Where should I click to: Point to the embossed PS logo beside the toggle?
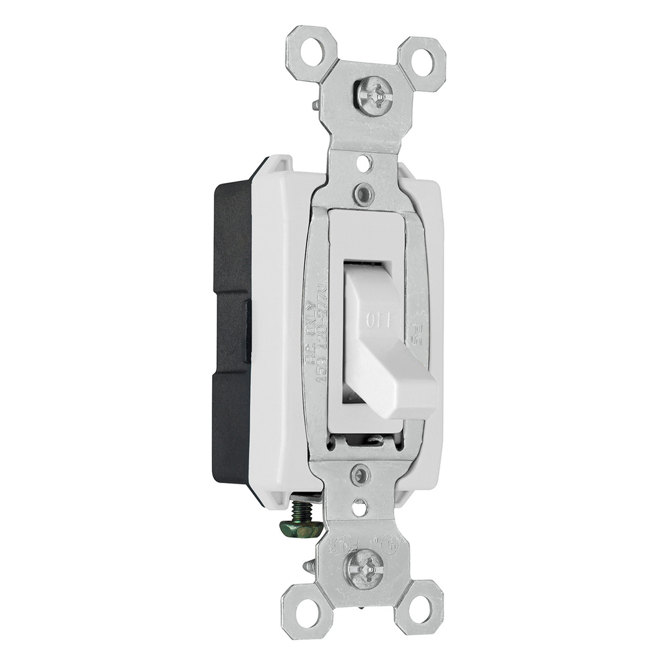coord(415,333)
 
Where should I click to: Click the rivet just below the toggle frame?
coord(360,475)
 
